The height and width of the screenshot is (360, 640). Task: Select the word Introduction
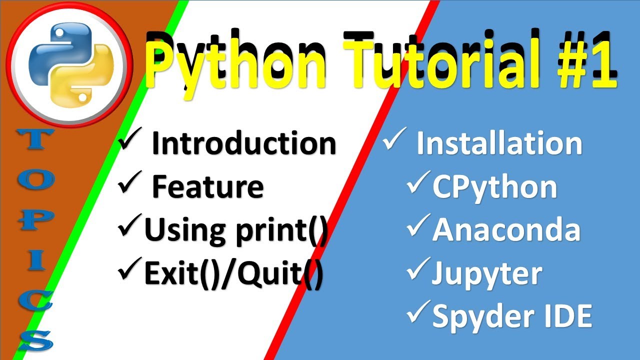click(x=243, y=143)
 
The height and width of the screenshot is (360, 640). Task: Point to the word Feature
click(x=207, y=186)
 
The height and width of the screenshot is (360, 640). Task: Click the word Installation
click(x=499, y=143)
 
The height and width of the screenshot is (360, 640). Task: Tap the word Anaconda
click(x=506, y=230)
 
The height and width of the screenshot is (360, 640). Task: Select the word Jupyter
click(x=487, y=273)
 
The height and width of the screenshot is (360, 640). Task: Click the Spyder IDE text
click(x=512, y=316)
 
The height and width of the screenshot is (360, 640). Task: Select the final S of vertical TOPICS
click(x=36, y=340)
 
